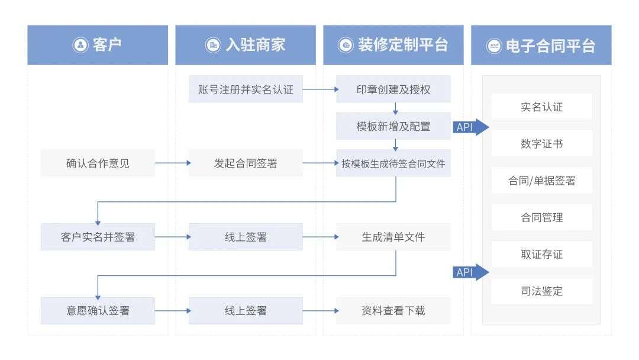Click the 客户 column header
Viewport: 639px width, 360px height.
tap(98, 45)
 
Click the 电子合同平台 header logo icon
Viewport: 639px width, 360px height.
tap(494, 46)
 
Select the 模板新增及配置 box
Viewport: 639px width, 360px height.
tap(393, 126)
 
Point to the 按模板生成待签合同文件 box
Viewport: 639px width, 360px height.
tap(393, 163)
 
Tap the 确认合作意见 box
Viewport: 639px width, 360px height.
tap(98, 163)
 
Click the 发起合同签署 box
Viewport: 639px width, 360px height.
tap(246, 163)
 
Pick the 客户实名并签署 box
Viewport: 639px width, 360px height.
tap(98, 237)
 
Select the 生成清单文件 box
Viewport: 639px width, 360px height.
tap(393, 237)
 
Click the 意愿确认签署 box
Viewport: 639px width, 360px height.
tap(98, 310)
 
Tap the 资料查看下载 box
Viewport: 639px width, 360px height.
tap(393, 310)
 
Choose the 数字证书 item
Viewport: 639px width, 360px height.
tap(541, 144)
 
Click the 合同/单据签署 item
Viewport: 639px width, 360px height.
tap(541, 181)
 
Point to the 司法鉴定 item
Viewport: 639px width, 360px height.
tap(541, 291)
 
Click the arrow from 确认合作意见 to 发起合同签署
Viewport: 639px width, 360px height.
tap(172, 163)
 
